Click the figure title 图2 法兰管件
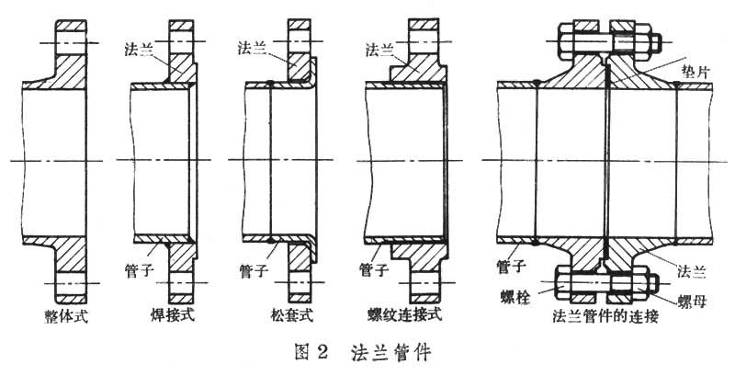click(367, 352)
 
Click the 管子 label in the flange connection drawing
click(514, 266)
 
